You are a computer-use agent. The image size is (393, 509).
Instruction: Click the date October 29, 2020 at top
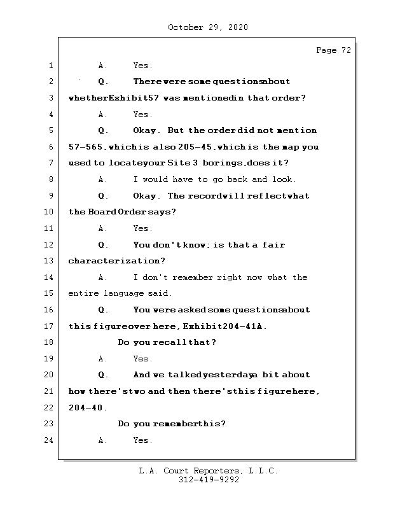(208, 27)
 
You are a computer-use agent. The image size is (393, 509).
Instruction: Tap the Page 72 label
(333, 50)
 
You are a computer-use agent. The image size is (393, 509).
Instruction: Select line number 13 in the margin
(50, 261)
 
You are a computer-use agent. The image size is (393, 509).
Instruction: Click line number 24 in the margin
(50, 440)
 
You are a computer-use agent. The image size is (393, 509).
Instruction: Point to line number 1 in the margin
(50, 66)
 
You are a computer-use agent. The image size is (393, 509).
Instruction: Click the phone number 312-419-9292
(209, 480)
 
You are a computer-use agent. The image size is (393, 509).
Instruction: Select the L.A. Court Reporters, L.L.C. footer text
(209, 471)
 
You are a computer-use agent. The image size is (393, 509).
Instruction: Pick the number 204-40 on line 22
(86, 408)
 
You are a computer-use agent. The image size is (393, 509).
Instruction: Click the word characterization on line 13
(116, 261)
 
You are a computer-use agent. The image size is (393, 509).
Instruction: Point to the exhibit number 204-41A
(245, 326)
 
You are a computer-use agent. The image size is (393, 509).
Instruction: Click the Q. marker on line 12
(103, 245)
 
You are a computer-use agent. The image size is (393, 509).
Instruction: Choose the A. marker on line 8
(103, 179)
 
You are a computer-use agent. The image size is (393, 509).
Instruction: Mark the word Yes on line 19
(142, 359)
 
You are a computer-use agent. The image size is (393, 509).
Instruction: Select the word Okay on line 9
(146, 196)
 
